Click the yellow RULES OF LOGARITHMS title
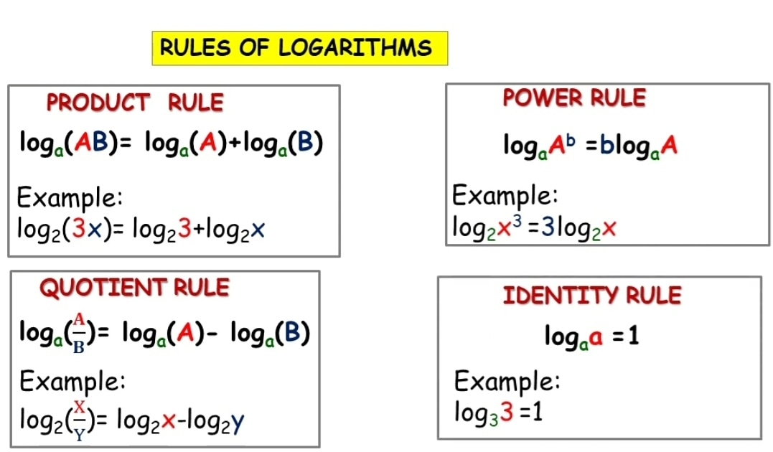coord(300,48)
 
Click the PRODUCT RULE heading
coord(135,103)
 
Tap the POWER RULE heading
coord(574,98)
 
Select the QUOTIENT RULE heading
coord(134,288)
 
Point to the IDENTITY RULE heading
coord(592,296)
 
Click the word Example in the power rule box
coord(505,195)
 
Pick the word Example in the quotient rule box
coord(72,381)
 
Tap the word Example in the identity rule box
coord(507,381)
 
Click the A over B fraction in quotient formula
coord(80,334)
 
